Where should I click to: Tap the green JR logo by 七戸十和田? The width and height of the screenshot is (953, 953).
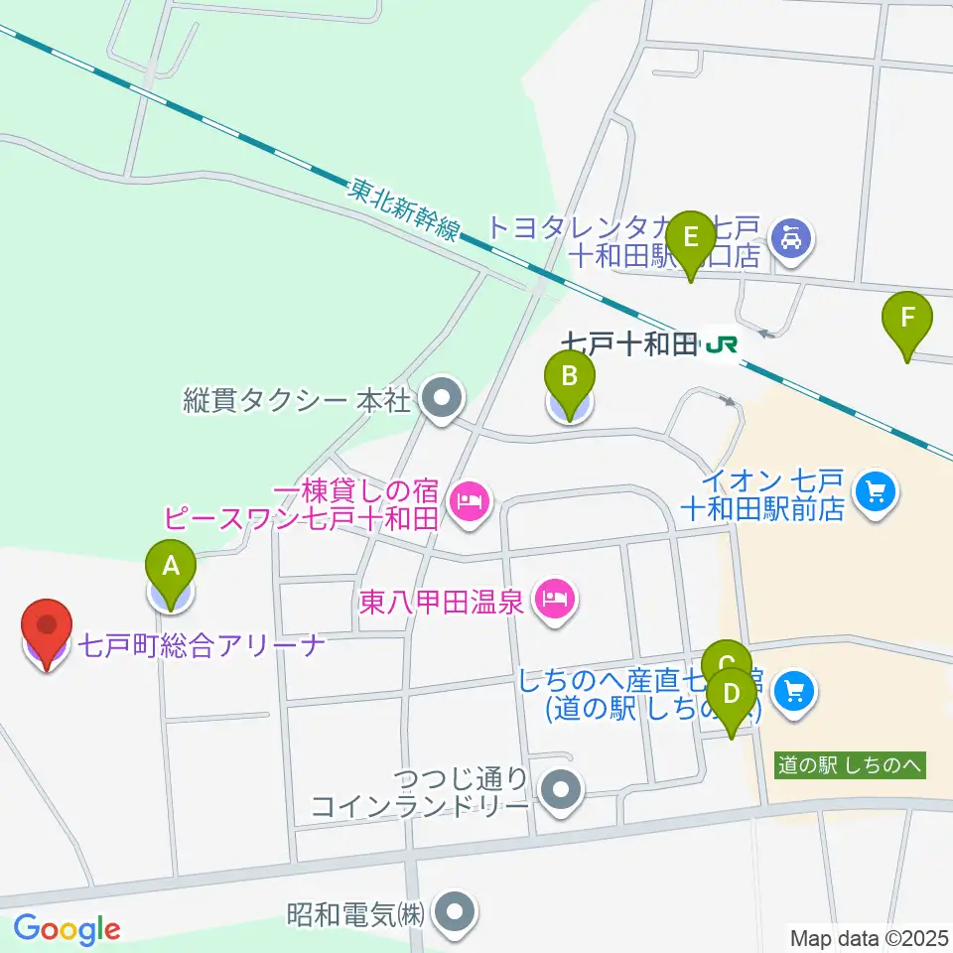point(721,344)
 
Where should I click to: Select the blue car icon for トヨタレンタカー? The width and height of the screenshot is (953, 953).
point(792,239)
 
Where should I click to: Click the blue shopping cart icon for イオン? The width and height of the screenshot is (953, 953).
point(874,489)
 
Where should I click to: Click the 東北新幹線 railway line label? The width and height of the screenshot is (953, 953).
point(404,209)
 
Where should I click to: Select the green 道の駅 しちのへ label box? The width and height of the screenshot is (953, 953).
point(851,765)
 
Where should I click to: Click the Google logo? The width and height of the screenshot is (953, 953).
point(67,929)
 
